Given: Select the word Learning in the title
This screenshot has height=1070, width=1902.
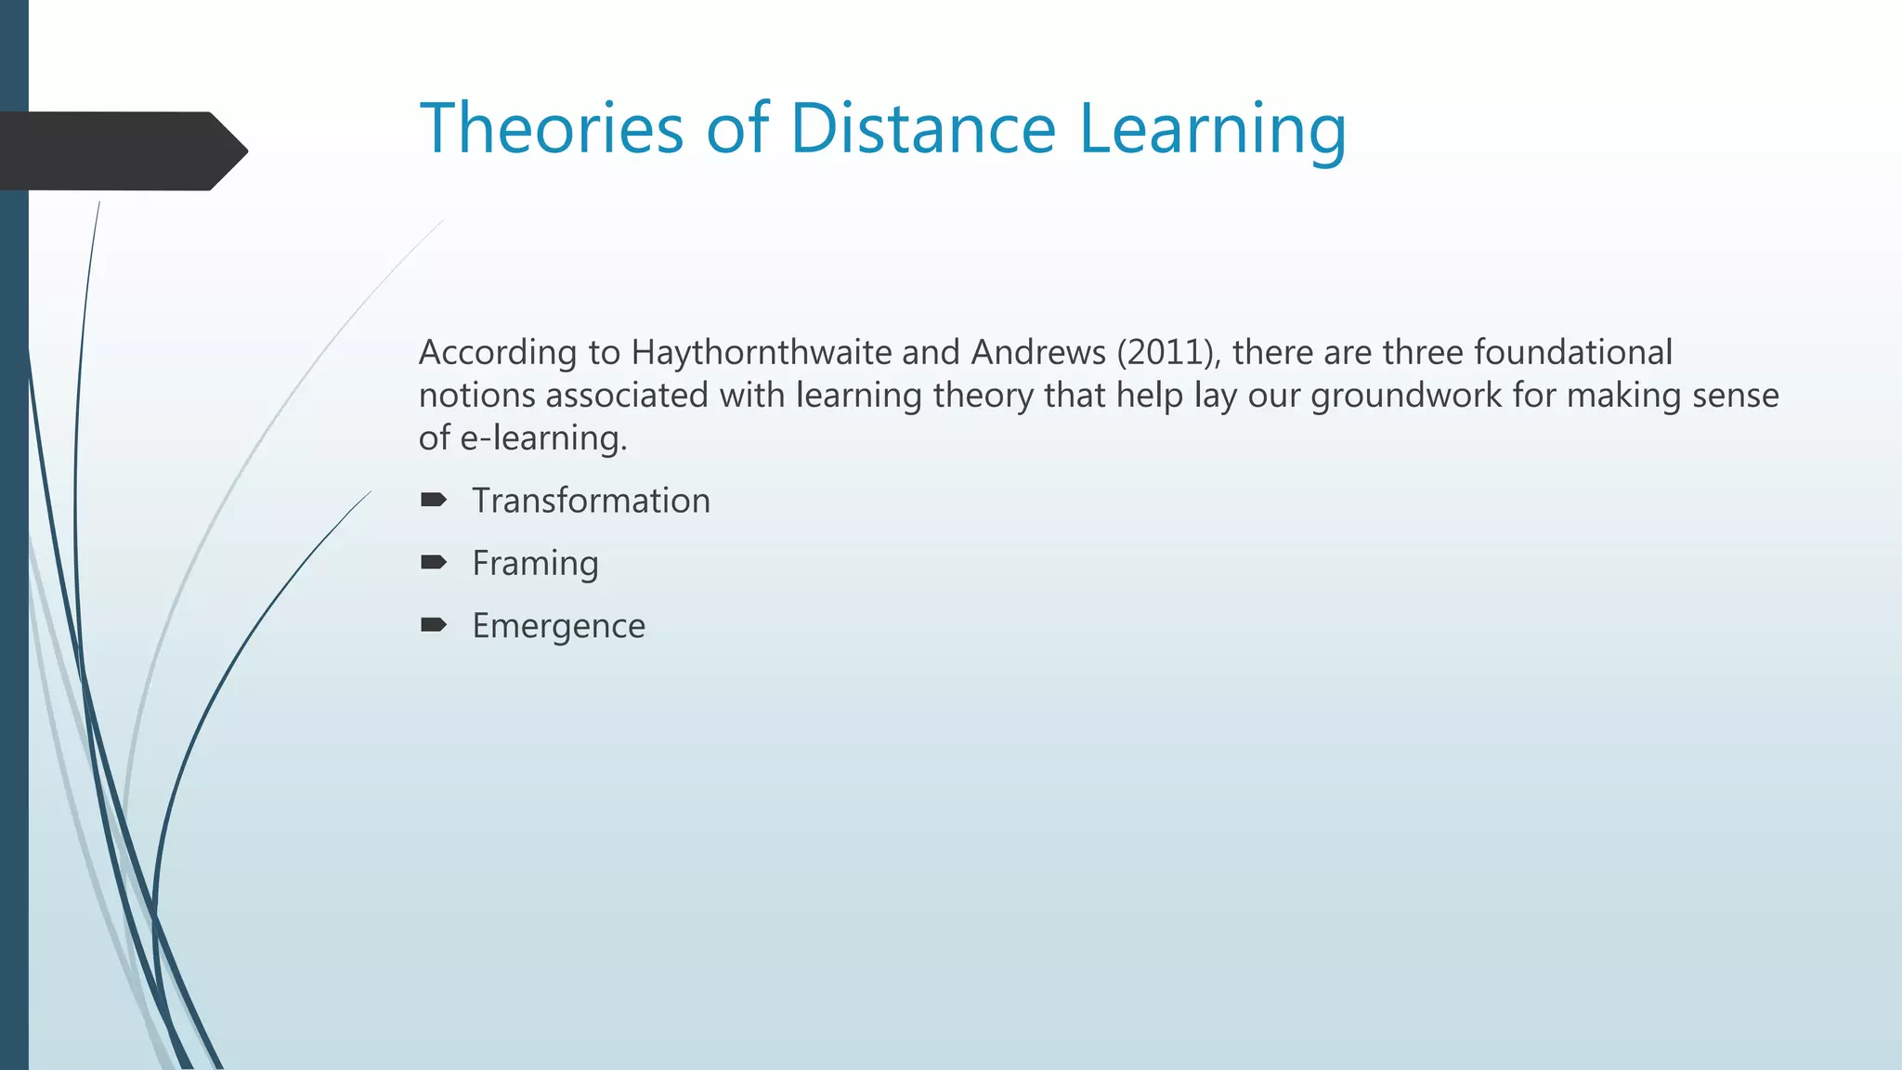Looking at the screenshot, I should [x=1212, y=130].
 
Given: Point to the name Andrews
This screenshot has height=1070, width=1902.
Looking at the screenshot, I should [x=1038, y=353].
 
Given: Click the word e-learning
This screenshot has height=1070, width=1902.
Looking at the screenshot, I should [x=543, y=438].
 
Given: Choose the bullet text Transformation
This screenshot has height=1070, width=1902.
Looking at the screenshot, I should [x=591, y=501].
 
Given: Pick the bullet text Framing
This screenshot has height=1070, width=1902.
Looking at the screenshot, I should [x=535, y=564].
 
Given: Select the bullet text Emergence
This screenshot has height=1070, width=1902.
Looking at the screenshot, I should [x=558, y=626].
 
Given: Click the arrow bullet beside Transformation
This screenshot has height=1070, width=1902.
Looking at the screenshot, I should [x=434, y=501].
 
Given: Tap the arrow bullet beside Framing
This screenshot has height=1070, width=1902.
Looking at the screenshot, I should [x=434, y=562].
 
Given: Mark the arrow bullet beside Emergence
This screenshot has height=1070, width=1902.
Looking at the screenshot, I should [x=434, y=624].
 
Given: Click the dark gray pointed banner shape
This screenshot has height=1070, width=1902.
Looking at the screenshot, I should [x=121, y=150].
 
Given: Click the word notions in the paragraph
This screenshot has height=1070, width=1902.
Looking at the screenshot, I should [x=476, y=396].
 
